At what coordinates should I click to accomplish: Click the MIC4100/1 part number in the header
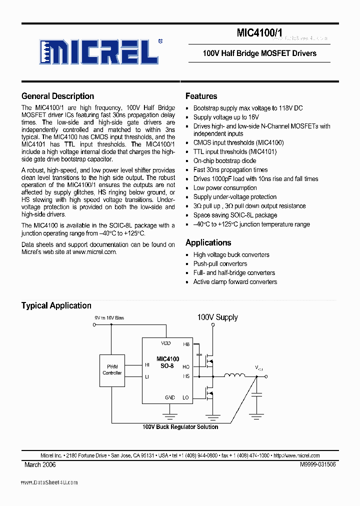pyautogui.click(x=259, y=33)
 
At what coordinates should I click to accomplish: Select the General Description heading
pyautogui.click(x=57, y=96)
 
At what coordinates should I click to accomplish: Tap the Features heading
pyautogui.click(x=201, y=96)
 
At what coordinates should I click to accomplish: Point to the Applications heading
pyautogui.click(x=208, y=243)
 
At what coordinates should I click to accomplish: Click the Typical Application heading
pyautogui.click(x=56, y=305)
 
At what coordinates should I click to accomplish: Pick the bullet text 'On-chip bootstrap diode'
pyautogui.click(x=224, y=161)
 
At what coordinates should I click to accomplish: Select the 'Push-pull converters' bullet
pyautogui.click(x=220, y=264)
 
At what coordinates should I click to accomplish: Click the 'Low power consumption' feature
pyautogui.click(x=225, y=188)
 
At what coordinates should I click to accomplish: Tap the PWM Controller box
pyautogui.click(x=112, y=370)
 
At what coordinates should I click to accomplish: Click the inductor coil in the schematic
pyautogui.click(x=234, y=376)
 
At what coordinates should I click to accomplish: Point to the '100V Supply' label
pyautogui.click(x=217, y=317)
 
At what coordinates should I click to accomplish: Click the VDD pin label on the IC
pyautogui.click(x=165, y=343)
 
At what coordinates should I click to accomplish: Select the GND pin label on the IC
pyautogui.click(x=170, y=397)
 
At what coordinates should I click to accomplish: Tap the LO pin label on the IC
pyautogui.click(x=186, y=397)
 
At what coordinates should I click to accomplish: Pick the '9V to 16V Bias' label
pyautogui.click(x=109, y=318)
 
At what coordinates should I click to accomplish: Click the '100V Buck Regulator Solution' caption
pyautogui.click(x=180, y=427)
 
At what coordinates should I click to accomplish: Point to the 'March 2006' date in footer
pyautogui.click(x=40, y=464)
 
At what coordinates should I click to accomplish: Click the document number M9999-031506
pyautogui.click(x=317, y=464)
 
